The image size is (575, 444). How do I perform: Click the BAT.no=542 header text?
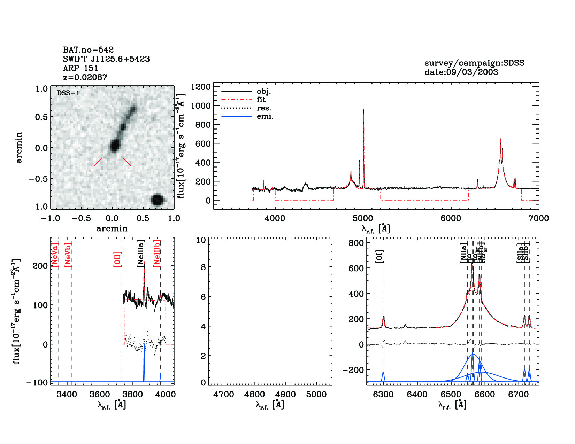pyautogui.click(x=88, y=50)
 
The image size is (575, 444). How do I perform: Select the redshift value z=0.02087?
pyautogui.click(x=85, y=77)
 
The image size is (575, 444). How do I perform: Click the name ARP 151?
pyautogui.click(x=80, y=68)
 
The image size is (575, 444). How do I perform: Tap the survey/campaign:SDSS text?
pyautogui.click(x=474, y=63)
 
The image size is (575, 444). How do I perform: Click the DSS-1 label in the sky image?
pyautogui.click(x=68, y=93)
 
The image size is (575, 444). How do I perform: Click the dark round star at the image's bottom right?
pyautogui.click(x=158, y=200)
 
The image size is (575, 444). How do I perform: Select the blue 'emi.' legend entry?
pyautogui.click(x=265, y=116)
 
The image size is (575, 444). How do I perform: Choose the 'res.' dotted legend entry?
pyautogui.click(x=264, y=108)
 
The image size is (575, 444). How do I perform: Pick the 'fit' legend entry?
pyautogui.click(x=261, y=100)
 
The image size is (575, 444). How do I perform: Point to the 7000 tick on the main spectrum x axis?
pyautogui.click(x=539, y=218)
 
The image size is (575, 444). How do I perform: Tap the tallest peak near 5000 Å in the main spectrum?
pyautogui.click(x=363, y=111)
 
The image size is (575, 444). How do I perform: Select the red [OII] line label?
pyautogui.click(x=117, y=259)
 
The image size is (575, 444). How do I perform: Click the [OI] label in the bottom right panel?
pyautogui.click(x=379, y=256)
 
